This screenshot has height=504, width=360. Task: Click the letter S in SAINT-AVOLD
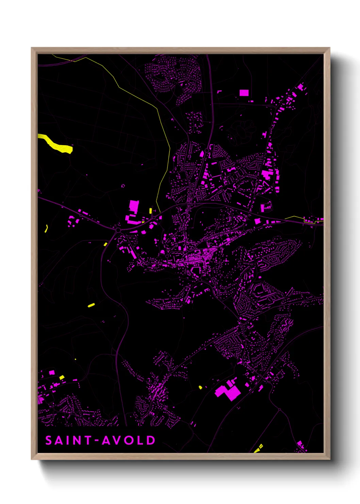click(x=49, y=440)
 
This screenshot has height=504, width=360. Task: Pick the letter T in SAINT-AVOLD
click(x=87, y=440)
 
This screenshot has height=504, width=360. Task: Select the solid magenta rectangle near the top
click(x=244, y=93)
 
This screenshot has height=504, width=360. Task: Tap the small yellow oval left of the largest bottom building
click(x=200, y=387)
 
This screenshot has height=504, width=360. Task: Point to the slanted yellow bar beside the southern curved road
click(x=91, y=305)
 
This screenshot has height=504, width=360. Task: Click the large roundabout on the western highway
click(x=118, y=230)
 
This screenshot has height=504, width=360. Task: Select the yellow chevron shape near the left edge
click(x=46, y=228)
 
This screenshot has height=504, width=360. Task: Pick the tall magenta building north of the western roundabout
click(x=134, y=206)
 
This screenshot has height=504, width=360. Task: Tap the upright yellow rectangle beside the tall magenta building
click(x=150, y=210)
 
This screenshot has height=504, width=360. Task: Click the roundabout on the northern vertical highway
click(x=207, y=150)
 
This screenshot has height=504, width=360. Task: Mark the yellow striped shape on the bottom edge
click(x=259, y=448)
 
